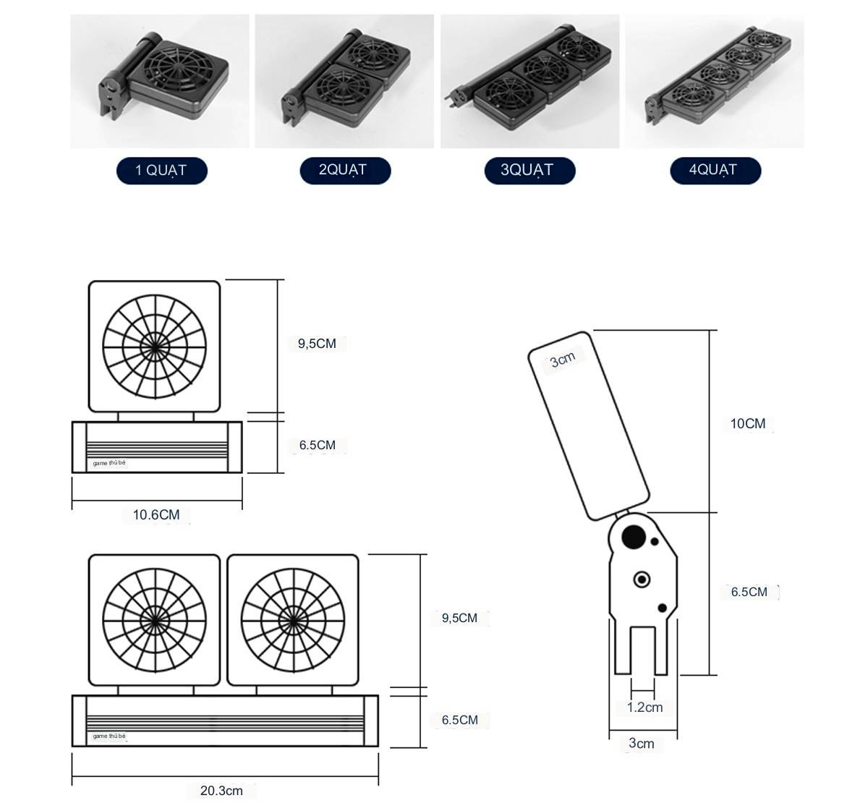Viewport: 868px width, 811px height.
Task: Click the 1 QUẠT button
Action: click(161, 171)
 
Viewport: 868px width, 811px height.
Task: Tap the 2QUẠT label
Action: click(345, 171)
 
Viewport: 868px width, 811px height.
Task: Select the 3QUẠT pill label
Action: click(529, 171)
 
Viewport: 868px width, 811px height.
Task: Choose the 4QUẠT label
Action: click(715, 171)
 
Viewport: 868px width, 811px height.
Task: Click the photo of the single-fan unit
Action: click(160, 81)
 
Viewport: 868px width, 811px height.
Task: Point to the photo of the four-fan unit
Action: click(714, 81)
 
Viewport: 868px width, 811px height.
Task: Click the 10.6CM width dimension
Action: click(156, 515)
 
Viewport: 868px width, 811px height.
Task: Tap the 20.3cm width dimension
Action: click(221, 791)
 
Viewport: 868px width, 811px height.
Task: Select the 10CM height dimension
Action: click(747, 424)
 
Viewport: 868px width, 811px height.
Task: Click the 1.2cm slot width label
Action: click(644, 708)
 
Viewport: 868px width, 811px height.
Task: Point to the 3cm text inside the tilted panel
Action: click(562, 359)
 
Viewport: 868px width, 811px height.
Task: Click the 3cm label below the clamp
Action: click(642, 743)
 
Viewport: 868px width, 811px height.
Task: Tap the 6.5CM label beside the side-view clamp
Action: click(749, 592)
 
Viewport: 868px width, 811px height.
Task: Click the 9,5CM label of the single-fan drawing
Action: click(317, 344)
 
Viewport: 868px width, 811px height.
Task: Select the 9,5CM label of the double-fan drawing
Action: click(459, 618)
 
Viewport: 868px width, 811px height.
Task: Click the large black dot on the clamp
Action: click(634, 536)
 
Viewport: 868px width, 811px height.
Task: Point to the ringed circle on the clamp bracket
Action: click(642, 579)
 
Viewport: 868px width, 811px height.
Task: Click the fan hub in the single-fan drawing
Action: click(154, 344)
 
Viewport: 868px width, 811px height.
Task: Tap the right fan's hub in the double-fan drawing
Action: click(293, 619)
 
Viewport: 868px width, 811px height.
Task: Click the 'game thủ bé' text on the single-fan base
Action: click(109, 463)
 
